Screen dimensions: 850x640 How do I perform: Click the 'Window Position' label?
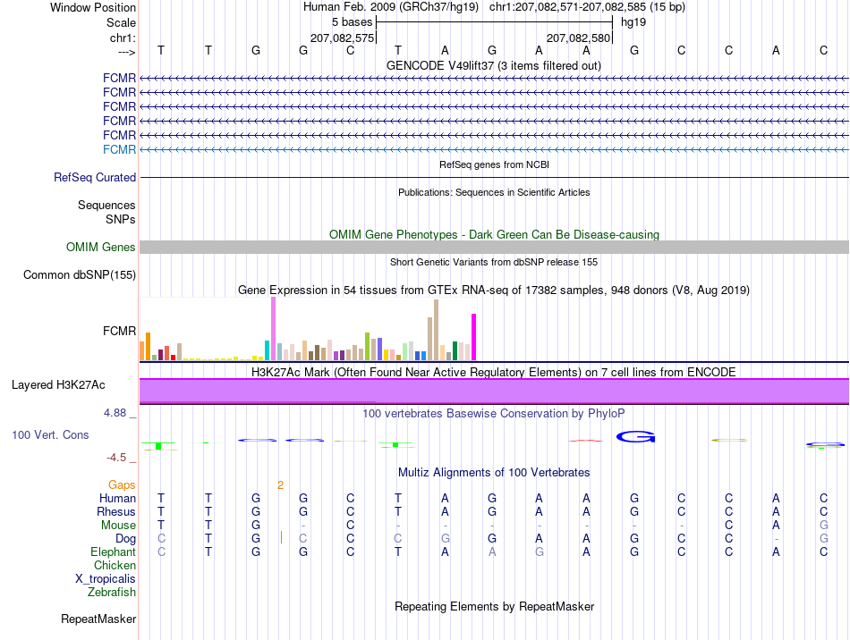[x=93, y=7]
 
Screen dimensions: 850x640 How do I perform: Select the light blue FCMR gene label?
[x=119, y=149]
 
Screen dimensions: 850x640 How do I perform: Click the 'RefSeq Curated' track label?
[x=95, y=178]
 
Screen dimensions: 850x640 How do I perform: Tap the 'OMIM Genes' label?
[x=101, y=248]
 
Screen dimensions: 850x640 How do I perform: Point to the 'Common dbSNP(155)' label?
[x=80, y=275]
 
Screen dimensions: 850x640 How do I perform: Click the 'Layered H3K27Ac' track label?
[x=58, y=385]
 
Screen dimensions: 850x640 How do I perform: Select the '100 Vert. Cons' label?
[x=50, y=434]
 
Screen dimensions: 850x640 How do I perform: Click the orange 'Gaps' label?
[x=122, y=484]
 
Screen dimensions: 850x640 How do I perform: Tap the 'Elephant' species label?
[x=114, y=552]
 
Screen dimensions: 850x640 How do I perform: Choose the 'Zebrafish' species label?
[x=112, y=593]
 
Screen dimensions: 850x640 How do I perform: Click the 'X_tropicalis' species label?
[x=106, y=579]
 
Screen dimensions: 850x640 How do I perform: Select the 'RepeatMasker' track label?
[x=98, y=619]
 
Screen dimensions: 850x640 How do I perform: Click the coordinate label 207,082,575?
[x=342, y=38]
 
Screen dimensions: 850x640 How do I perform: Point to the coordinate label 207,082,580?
[x=578, y=38]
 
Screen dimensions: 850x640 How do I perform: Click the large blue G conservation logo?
[x=635, y=436]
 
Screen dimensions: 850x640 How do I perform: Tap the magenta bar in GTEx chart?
[x=474, y=337]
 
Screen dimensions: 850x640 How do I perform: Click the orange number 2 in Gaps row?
[x=280, y=485]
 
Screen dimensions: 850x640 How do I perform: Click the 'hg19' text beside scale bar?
[x=633, y=22]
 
